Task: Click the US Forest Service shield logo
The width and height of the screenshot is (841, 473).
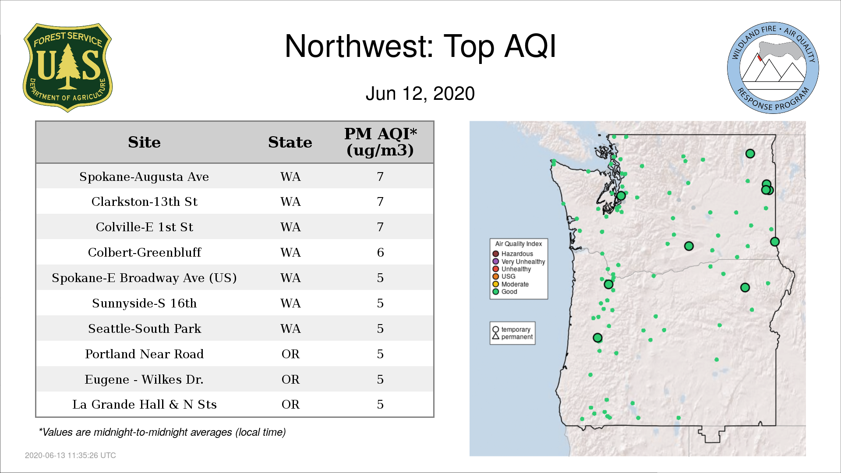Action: coord(67,67)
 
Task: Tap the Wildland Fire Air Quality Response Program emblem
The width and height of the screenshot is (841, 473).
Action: coord(773,68)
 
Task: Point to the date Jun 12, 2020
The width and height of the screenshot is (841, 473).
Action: coord(420,93)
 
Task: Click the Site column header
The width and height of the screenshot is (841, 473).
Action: coord(144,142)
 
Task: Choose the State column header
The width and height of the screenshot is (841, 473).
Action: coord(290,142)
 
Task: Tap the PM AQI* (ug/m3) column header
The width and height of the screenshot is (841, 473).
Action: coord(380,142)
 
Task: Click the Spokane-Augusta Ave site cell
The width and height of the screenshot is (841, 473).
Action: coord(144,176)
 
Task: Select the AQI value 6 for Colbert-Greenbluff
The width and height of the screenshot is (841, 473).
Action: coord(380,252)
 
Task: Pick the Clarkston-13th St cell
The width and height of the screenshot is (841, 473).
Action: coord(144,201)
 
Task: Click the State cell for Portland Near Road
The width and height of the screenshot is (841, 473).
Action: coord(290,354)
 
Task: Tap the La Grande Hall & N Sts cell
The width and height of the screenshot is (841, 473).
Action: coord(144,404)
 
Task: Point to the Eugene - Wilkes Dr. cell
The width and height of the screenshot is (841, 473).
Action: coord(144,379)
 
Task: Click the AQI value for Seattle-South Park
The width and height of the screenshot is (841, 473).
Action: coord(380,328)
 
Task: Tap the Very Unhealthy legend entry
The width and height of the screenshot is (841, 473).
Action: coord(519,261)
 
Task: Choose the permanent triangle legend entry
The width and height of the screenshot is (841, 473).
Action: coord(512,337)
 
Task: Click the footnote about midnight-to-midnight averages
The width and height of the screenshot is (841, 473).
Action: coord(162,432)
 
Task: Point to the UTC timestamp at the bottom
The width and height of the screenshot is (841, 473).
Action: coord(71,455)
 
